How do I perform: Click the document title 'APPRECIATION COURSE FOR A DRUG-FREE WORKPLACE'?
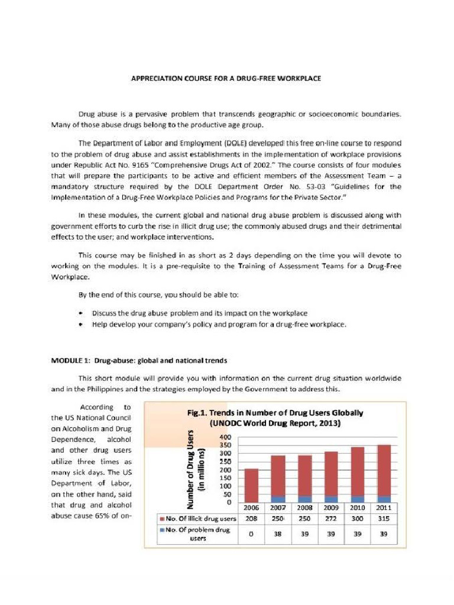tap(226, 79)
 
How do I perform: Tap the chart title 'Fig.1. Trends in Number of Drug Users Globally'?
tap(275, 413)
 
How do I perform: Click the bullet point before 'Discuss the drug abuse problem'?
tap(80, 313)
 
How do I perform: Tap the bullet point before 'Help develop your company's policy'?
tap(80, 324)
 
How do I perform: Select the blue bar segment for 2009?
tap(331, 499)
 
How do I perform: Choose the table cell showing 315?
tap(384, 519)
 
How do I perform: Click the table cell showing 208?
tap(252, 519)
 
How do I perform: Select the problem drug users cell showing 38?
tap(278, 534)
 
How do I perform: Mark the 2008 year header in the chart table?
tap(304, 508)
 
